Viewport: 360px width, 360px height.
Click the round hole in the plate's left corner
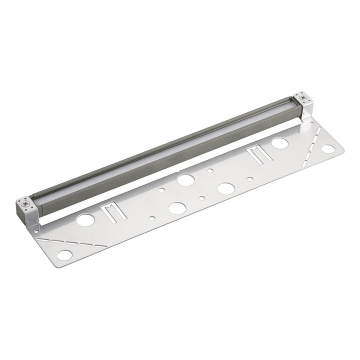(x=64, y=254)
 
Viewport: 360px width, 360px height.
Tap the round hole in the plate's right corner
(x=328, y=149)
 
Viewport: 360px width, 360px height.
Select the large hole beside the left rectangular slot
(x=86, y=220)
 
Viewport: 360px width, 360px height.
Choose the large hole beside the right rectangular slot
(x=279, y=143)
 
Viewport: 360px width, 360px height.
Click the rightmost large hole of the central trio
(x=226, y=188)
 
